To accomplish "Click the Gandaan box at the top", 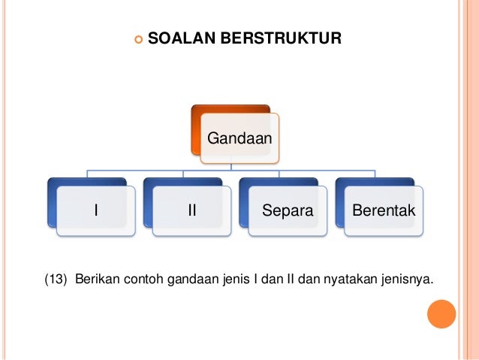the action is click(239, 138).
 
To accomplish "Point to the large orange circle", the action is click(441, 313).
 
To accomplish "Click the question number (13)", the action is click(57, 282).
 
